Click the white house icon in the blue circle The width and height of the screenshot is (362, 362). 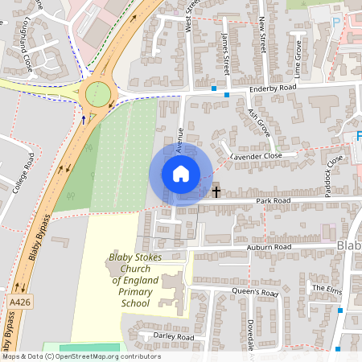(x=181, y=173)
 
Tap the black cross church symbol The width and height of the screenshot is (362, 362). (x=216, y=191)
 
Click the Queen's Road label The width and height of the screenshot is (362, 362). (x=255, y=293)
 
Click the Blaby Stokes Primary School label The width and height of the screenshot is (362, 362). (x=130, y=280)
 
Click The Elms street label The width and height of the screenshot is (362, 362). (x=327, y=288)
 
